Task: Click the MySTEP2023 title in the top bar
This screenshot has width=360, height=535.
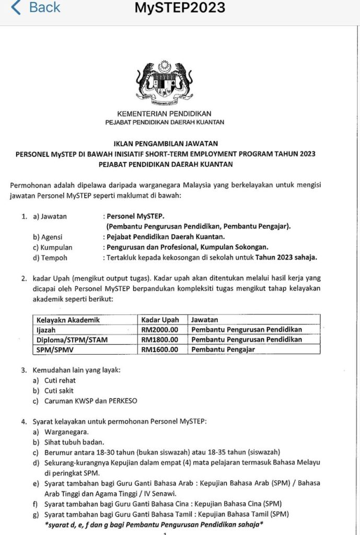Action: (180, 8)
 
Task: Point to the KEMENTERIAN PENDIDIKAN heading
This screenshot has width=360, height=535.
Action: (165, 113)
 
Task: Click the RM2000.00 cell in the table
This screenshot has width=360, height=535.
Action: (160, 330)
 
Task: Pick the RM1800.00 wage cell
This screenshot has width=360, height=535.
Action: (160, 340)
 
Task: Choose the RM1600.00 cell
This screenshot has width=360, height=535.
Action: (160, 350)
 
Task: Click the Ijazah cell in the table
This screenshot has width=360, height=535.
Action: (46, 330)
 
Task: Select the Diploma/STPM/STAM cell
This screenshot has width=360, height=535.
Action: (66, 340)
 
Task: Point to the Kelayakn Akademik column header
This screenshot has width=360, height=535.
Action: (68, 319)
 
